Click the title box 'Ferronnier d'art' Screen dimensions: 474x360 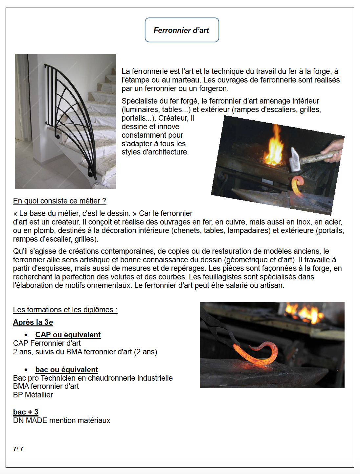[x=182, y=30]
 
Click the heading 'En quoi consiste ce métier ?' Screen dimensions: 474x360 [x=59, y=201]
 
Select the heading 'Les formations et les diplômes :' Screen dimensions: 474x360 [x=65, y=310]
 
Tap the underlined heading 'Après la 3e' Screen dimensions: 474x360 [x=33, y=322]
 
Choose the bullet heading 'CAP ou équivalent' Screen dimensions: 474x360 [x=68, y=335]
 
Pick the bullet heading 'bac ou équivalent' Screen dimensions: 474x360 [x=66, y=369]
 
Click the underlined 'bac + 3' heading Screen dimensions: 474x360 [x=26, y=412]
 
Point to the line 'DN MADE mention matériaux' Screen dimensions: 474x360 [x=61, y=420]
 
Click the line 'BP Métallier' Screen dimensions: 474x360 [x=33, y=395]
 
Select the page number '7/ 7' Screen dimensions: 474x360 [x=18, y=449]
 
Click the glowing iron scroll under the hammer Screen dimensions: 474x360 [x=298, y=186]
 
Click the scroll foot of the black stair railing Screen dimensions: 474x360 [x=90, y=173]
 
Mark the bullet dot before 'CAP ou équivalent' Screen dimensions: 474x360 [x=26, y=335]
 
